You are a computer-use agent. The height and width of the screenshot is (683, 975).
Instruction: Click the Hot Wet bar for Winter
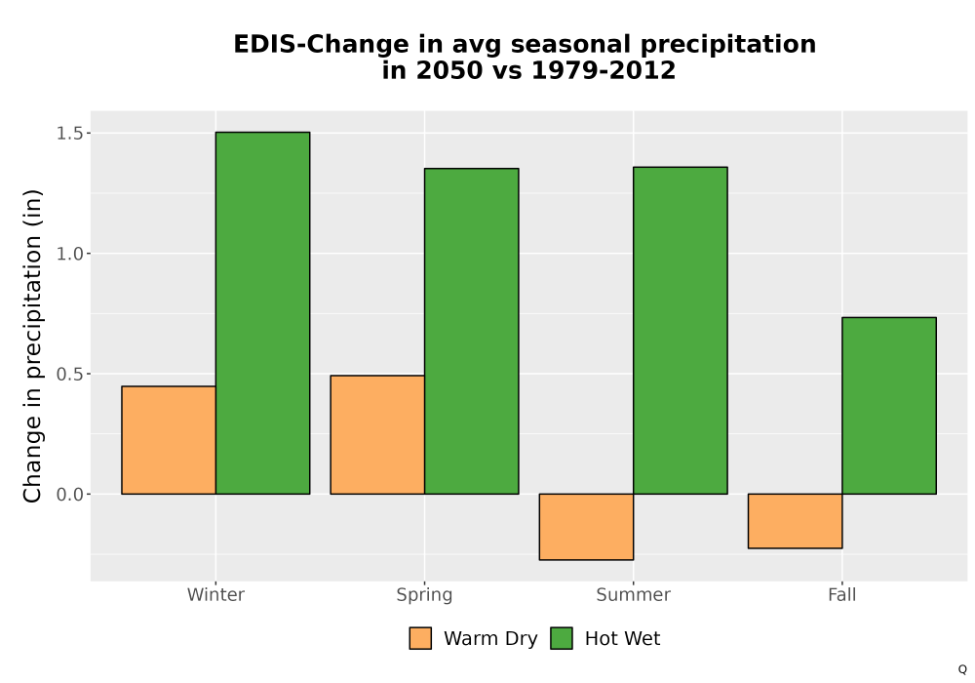click(x=262, y=313)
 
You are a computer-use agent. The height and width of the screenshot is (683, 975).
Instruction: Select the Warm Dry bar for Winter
click(x=169, y=440)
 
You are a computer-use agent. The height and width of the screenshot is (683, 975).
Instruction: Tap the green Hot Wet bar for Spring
click(x=471, y=331)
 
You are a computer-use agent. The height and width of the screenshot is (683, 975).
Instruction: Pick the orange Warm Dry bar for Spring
click(x=377, y=435)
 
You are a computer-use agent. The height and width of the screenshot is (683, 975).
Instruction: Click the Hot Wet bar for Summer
click(x=681, y=331)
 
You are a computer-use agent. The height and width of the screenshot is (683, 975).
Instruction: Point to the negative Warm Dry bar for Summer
click(x=586, y=527)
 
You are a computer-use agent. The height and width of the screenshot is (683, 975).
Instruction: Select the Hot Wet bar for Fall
click(x=889, y=406)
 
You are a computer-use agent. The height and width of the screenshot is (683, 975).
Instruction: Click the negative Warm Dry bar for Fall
click(x=796, y=521)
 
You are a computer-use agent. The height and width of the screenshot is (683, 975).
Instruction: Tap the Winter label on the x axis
click(x=215, y=594)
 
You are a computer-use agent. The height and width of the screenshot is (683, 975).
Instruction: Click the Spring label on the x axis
click(x=425, y=595)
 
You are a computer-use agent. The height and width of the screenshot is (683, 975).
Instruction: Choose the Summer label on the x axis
click(x=634, y=594)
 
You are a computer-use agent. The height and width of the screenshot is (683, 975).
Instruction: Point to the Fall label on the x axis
click(x=842, y=594)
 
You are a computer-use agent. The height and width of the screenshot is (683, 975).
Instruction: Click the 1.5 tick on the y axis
click(x=69, y=133)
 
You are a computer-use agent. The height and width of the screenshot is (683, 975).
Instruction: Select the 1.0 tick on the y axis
click(x=69, y=253)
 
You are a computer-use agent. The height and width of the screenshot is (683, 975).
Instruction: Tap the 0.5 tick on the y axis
click(x=69, y=374)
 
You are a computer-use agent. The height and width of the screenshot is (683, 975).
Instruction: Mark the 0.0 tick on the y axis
click(x=69, y=495)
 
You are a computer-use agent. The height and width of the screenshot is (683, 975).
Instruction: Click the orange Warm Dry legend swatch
click(x=420, y=638)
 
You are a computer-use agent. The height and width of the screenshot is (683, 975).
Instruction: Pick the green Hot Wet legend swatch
click(x=562, y=638)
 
